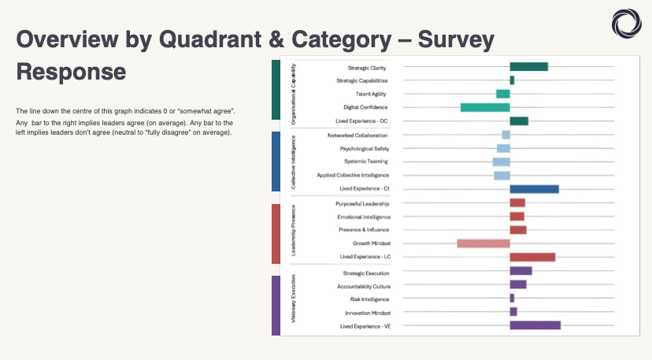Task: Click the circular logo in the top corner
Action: (627, 22)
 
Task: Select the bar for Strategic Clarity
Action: (528, 67)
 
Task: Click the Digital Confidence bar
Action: (485, 107)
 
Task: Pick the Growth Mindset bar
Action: (483, 243)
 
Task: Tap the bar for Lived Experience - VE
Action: (535, 325)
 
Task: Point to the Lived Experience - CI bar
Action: (534, 189)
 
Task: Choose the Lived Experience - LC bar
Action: (532, 257)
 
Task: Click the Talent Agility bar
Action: (502, 94)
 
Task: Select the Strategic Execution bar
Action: (520, 271)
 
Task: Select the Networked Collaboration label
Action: (357, 135)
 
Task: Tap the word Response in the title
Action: (71, 72)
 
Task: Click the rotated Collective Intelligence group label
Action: (294, 161)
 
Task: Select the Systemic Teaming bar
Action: (501, 161)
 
